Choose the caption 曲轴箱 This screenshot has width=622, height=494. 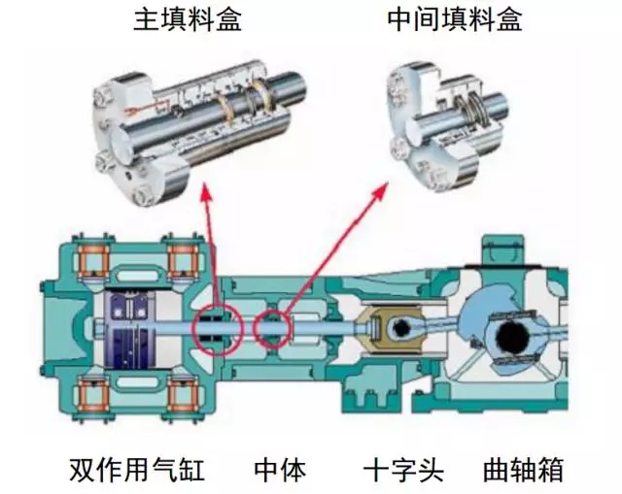click(523, 471)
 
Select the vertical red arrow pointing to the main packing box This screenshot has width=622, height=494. click(210, 252)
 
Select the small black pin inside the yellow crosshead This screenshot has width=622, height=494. click(397, 331)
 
